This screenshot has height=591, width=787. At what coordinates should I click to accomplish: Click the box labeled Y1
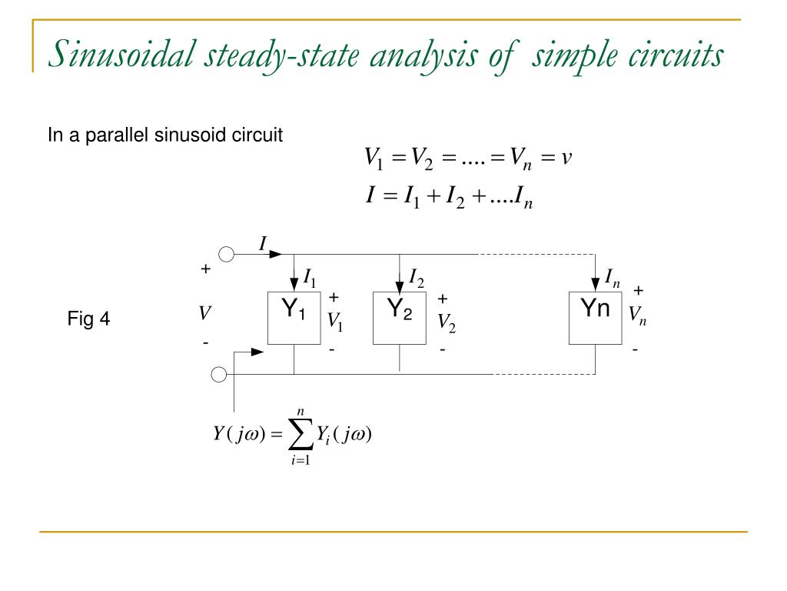[294, 317]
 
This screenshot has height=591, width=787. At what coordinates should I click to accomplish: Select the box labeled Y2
[400, 317]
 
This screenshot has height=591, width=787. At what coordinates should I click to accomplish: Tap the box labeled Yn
[596, 317]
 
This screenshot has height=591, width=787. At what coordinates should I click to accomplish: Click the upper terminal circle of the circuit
[227, 254]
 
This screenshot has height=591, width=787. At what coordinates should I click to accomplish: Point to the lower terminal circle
[218, 375]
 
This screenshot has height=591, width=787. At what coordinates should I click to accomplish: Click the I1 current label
[310, 277]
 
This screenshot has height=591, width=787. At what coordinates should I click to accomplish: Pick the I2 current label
[417, 277]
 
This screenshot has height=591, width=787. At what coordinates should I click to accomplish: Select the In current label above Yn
[613, 279]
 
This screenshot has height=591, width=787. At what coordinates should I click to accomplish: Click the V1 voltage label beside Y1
[335, 322]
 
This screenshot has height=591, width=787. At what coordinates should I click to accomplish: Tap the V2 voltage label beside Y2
[447, 323]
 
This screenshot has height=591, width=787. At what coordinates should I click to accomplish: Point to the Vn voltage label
[637, 315]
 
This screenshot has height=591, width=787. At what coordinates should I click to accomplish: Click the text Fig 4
[89, 319]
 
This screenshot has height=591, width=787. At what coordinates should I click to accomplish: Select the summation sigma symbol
[301, 437]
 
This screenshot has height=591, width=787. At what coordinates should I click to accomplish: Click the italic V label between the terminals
[204, 314]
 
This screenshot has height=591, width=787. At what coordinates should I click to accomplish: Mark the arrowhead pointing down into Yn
[596, 285]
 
